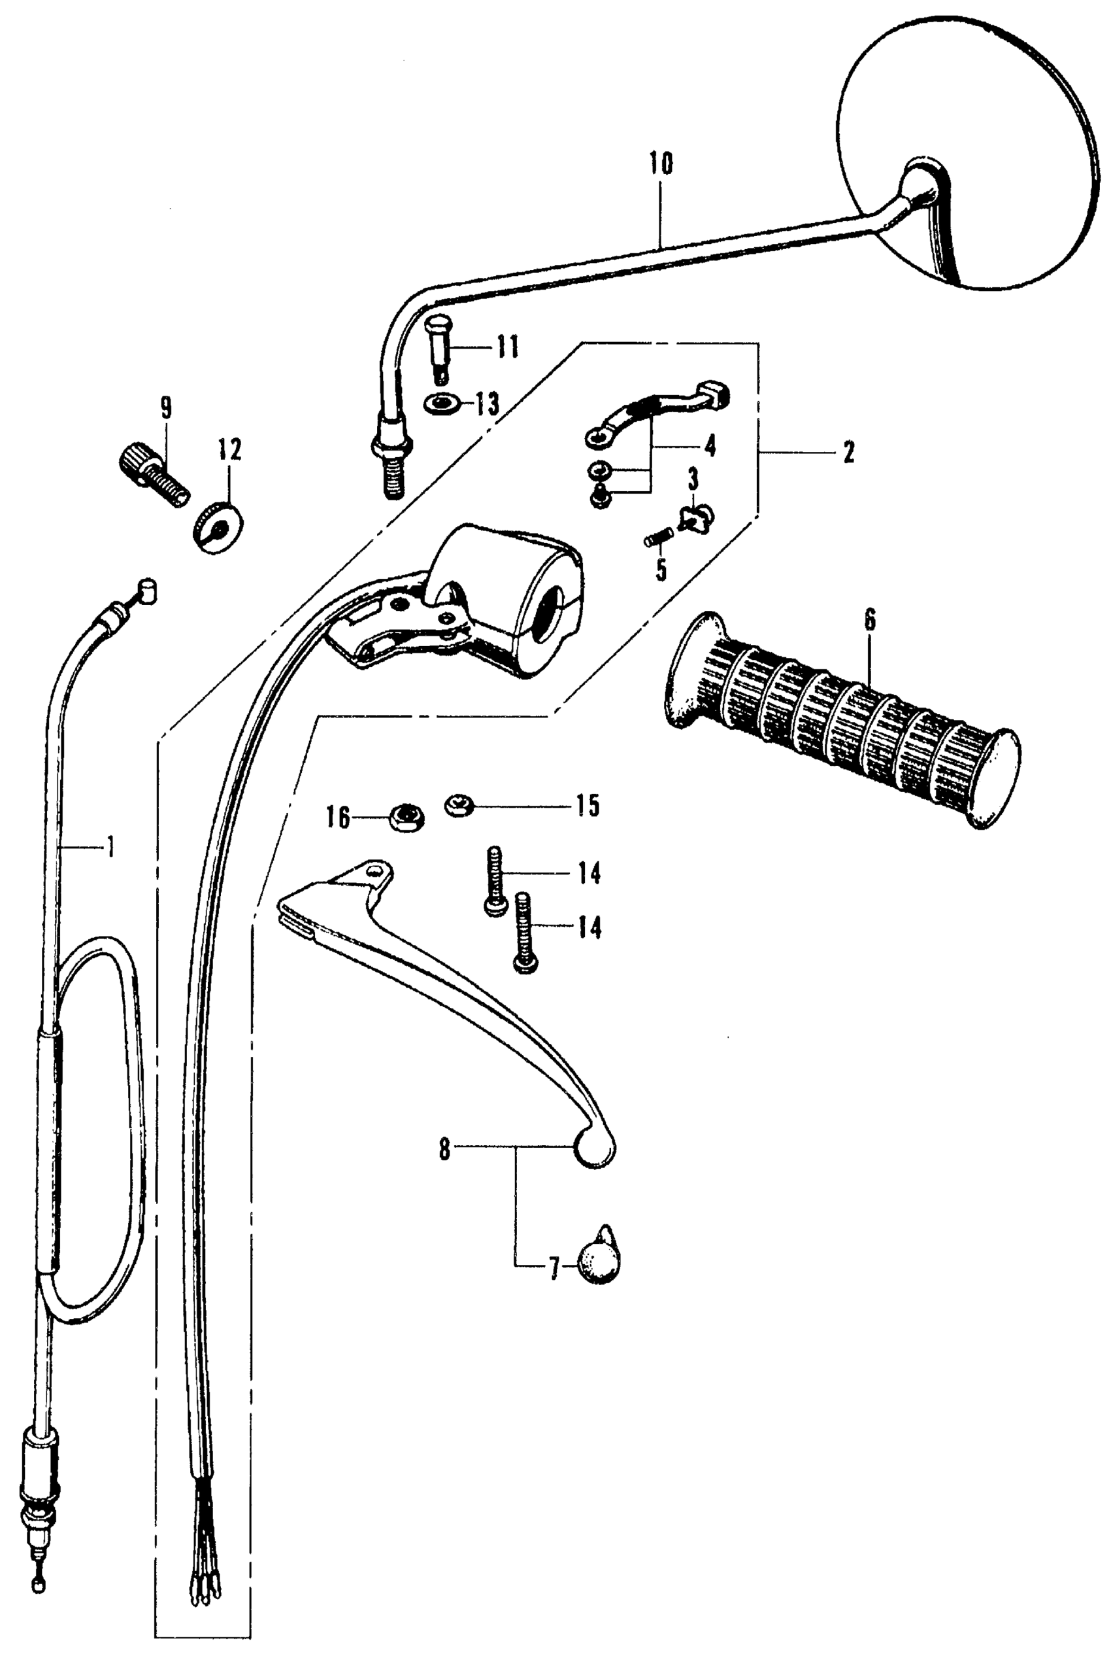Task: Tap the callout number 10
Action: (660, 164)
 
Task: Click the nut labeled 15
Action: (457, 805)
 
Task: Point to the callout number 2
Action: (849, 452)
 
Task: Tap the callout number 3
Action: (692, 480)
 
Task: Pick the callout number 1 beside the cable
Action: (110, 846)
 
